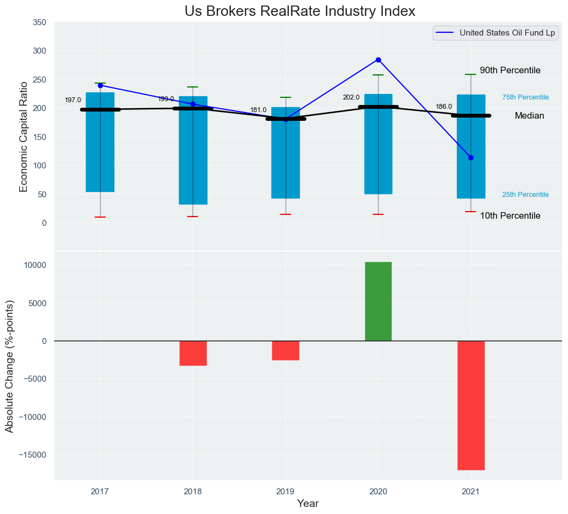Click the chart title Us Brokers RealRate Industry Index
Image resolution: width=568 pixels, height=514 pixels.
pos(300,11)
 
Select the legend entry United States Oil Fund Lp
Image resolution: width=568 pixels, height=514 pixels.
pos(507,33)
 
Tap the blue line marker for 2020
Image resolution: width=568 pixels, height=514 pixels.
pos(378,60)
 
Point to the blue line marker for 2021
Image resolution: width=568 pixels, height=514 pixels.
pos(471,157)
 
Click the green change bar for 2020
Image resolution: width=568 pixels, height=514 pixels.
pos(378,301)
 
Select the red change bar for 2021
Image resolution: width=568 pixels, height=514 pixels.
pos(471,405)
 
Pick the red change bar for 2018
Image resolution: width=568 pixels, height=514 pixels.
pos(193,353)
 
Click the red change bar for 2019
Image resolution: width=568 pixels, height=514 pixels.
pos(286,351)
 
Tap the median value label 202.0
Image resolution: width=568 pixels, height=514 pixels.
pos(351,97)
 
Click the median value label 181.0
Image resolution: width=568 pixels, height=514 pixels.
pos(258,110)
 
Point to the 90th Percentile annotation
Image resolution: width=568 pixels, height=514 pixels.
pos(510,71)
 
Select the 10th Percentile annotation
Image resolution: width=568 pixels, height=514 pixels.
pos(510,216)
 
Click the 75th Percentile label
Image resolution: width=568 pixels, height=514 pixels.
pos(525,97)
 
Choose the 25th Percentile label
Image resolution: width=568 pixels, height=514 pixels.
pos(525,195)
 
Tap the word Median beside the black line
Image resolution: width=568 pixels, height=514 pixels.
pos(529,116)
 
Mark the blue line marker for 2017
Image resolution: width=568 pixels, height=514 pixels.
pos(100,85)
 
